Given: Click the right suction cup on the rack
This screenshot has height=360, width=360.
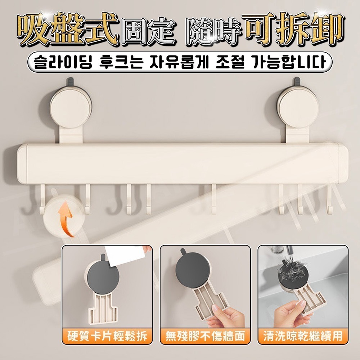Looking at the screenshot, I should click(295, 104).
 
